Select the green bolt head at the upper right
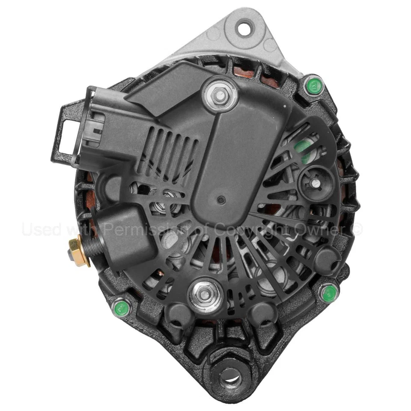(x=314, y=86)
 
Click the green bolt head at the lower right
(x=329, y=293)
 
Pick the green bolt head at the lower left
(x=122, y=307)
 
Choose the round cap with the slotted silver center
(x=316, y=183)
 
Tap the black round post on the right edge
(x=328, y=260)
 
